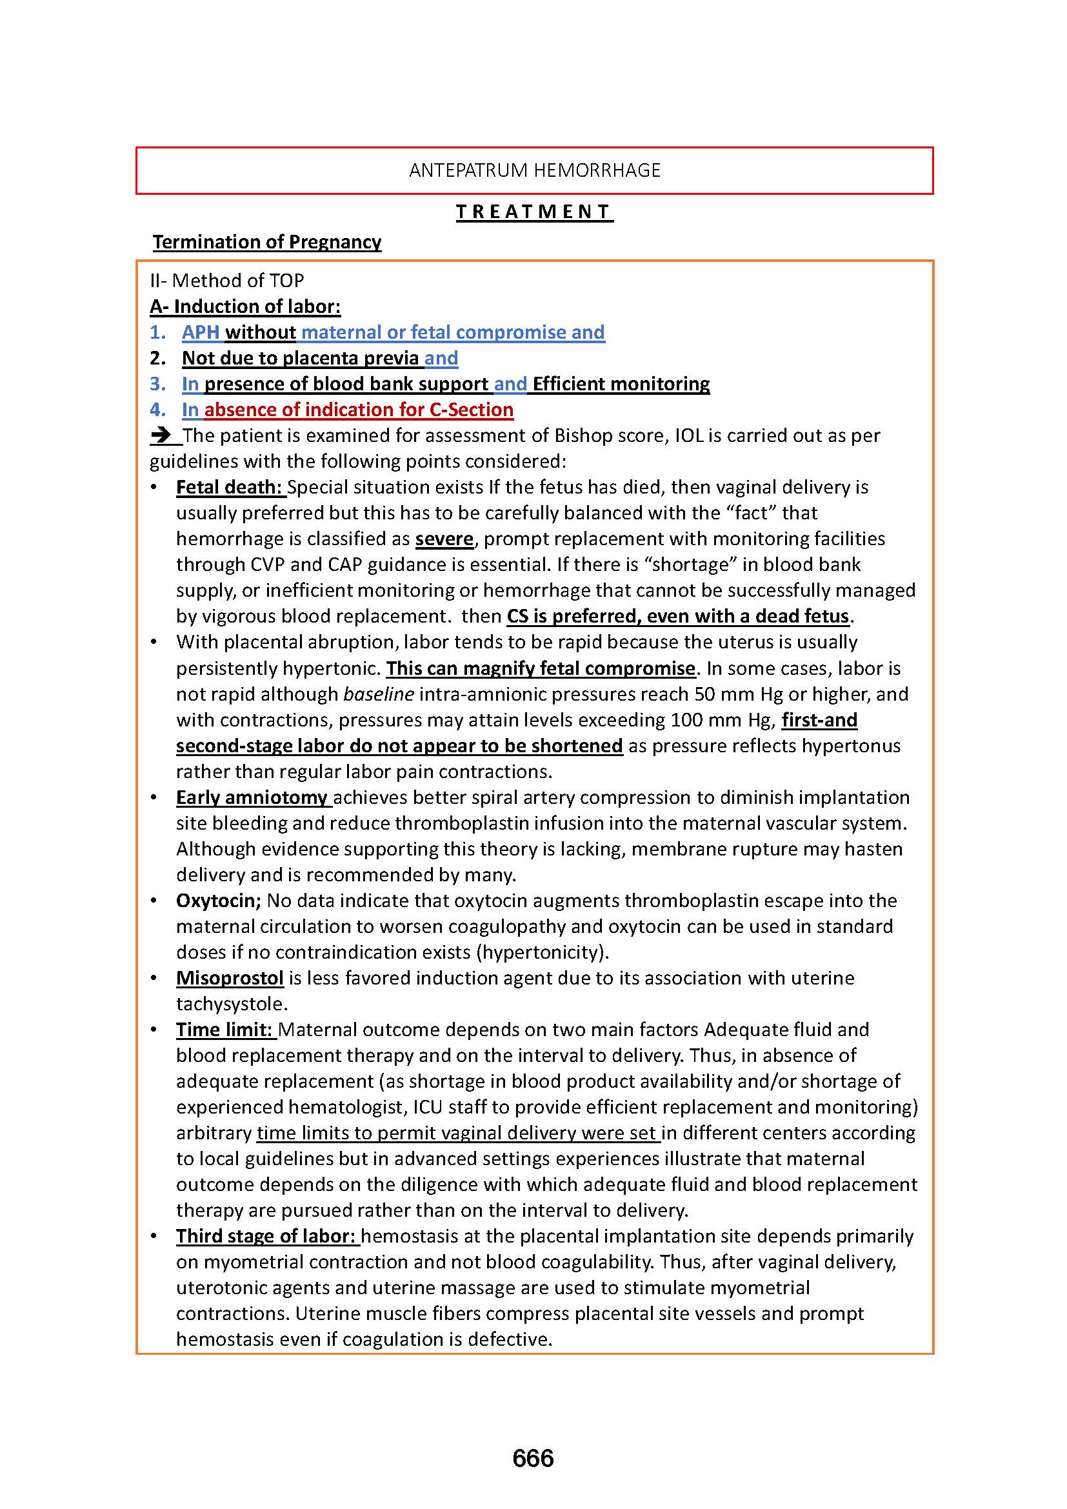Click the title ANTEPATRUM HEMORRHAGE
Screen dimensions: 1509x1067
click(534, 170)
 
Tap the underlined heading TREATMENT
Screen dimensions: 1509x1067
click(534, 212)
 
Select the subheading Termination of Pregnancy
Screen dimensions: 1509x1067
click(267, 242)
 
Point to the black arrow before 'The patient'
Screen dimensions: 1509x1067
click(162, 435)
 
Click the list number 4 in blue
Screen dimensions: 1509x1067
click(157, 410)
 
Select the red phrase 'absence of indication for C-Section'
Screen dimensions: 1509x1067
click(359, 410)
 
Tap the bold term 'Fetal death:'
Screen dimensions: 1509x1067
click(229, 487)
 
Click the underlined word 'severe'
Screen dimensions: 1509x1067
click(444, 539)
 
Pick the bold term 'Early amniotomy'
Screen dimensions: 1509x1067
click(252, 797)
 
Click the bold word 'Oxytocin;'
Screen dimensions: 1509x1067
click(218, 901)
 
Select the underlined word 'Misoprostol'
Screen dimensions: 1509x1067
click(230, 978)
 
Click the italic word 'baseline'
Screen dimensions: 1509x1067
click(379, 694)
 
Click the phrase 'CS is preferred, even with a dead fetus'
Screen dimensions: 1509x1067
click(678, 617)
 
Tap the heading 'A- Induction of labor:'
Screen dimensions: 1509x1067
click(245, 306)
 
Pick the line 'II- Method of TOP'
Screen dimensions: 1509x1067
click(226, 281)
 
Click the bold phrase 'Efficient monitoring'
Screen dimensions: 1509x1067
click(621, 384)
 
